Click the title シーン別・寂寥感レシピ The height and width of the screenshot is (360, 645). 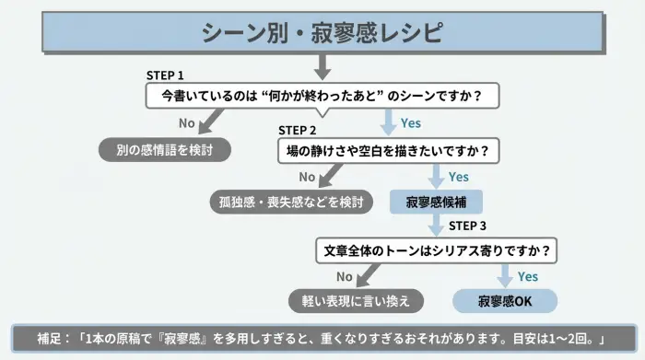[x=322, y=33]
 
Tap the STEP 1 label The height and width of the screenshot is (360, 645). [x=166, y=75]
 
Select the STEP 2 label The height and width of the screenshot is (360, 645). [x=297, y=130]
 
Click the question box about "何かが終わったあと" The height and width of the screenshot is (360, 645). [x=322, y=95]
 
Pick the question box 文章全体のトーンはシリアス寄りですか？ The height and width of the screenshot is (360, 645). [x=438, y=250]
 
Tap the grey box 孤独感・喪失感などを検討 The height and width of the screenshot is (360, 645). [x=290, y=200]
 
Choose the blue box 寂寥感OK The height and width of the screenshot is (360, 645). [x=505, y=300]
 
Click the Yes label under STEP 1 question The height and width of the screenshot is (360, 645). [x=410, y=122]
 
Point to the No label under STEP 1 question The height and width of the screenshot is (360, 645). [x=186, y=122]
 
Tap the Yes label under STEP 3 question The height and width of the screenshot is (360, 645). [x=527, y=275]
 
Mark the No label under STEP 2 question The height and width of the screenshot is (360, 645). [x=307, y=176]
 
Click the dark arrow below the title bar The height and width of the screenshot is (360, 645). [x=322, y=66]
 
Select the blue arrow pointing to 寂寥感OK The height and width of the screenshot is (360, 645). [x=505, y=274]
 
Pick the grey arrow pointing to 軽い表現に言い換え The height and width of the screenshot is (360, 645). [x=368, y=273]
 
